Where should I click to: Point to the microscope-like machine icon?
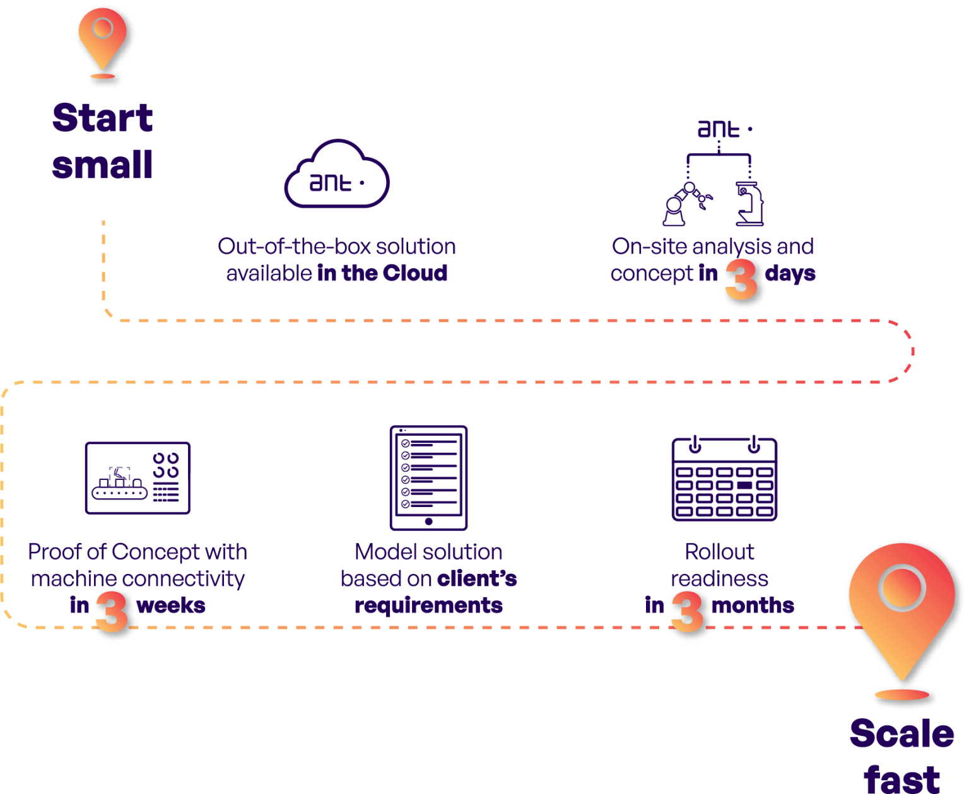coord(749,204)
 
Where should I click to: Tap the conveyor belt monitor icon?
coord(138,478)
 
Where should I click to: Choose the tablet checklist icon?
coord(428,477)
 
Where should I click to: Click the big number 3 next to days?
coord(741,279)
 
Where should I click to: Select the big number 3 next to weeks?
coord(111,611)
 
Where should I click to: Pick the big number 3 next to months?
coord(687,610)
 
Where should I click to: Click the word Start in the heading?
coord(103,118)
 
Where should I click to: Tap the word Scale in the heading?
coord(901,734)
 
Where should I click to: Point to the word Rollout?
coord(720,552)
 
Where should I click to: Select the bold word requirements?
coord(428,606)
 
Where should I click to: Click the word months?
coord(753,605)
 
